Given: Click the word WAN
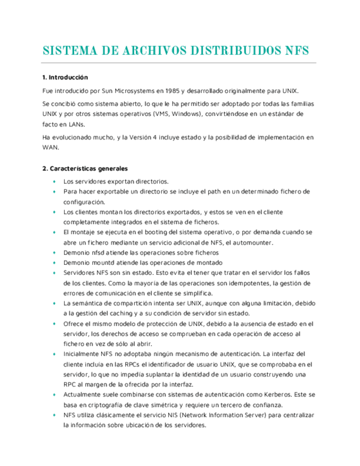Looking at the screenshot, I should coord(50,147).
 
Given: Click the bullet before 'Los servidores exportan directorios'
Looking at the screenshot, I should coord(54,181).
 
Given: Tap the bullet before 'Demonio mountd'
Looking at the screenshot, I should coord(54,263).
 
